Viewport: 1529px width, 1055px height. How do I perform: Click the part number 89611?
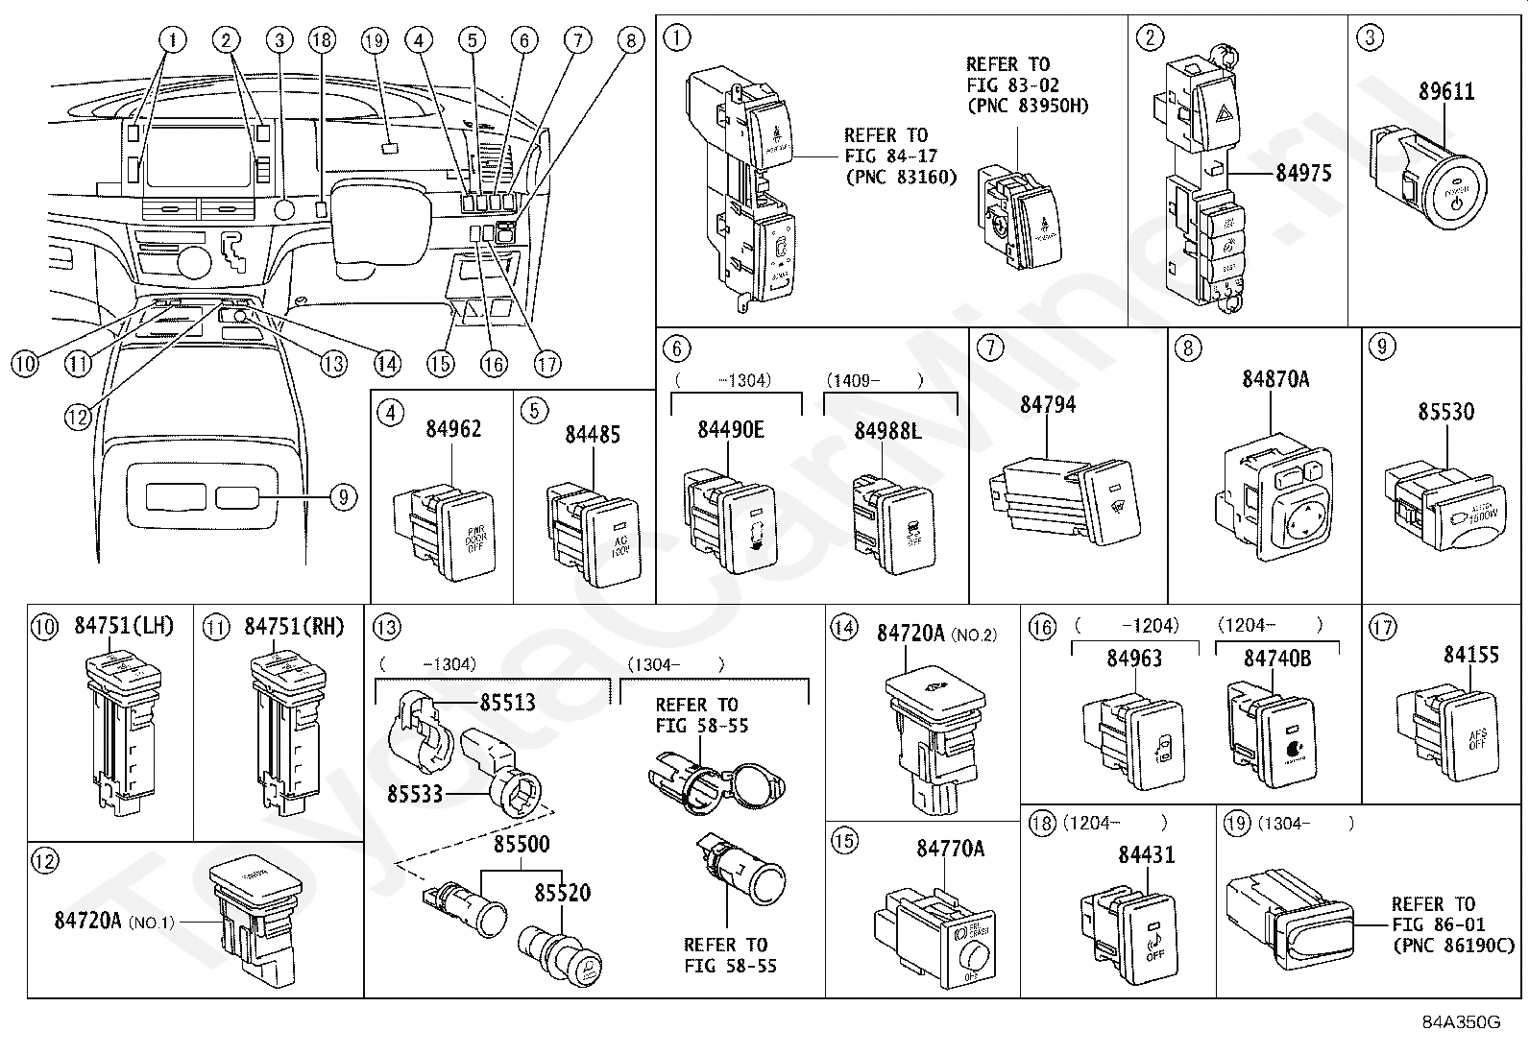pos(1446,92)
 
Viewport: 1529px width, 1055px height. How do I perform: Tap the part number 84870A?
pos(1274,379)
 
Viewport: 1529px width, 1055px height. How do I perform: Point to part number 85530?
pos(1445,412)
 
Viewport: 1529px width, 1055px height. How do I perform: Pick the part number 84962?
pos(453,429)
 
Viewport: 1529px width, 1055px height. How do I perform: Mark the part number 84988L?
pos(887,431)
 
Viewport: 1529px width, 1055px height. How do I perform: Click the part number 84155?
pos(1470,655)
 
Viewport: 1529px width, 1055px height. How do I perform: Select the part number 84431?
pos(1146,854)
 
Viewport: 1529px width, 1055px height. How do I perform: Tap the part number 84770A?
pos(950,849)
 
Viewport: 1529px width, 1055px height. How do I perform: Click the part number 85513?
pos(507,702)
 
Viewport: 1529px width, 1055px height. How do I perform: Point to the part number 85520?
pos(562,893)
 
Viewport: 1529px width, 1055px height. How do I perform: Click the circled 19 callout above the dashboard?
pos(374,40)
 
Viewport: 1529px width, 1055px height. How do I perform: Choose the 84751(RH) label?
pos(294,627)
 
